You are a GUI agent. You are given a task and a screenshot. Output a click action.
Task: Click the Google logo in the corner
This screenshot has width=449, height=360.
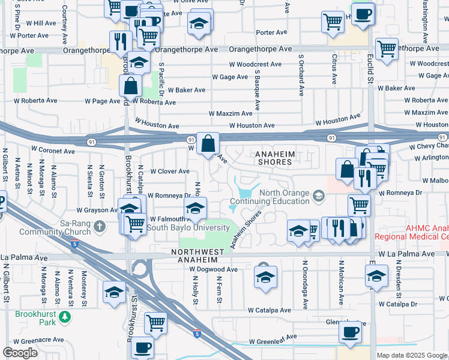point(20,353)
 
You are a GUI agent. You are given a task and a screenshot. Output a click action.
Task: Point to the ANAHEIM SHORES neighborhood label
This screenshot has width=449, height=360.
point(276,158)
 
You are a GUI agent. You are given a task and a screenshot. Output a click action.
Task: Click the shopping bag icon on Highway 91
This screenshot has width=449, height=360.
point(208,145)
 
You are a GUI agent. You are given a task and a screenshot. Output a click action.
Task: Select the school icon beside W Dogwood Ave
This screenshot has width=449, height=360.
point(265,278)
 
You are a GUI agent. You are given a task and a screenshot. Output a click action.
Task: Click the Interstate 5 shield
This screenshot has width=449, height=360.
point(197,333)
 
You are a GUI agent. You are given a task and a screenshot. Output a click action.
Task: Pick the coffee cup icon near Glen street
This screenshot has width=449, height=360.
point(350,331)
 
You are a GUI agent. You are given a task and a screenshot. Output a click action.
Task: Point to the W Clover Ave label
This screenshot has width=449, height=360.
point(170,172)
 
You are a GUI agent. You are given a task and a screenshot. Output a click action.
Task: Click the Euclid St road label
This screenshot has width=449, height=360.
point(370,72)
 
